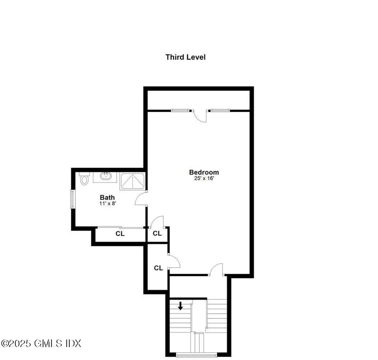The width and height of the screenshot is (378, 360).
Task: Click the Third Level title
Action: click(x=185, y=57)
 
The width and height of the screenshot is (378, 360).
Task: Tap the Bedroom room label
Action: click(x=204, y=172)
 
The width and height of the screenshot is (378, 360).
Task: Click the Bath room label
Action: click(x=107, y=197)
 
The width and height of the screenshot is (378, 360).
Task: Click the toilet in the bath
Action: click(x=85, y=179)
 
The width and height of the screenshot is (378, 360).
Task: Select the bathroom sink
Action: click(x=105, y=176)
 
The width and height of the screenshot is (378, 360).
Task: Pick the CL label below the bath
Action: click(x=120, y=234)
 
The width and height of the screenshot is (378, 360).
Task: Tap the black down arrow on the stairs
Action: click(x=181, y=306)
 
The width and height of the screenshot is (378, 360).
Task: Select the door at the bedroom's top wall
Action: click(x=201, y=115)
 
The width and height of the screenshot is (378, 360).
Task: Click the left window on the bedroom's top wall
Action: click(x=181, y=110)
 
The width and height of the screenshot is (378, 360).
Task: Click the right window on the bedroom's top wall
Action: click(x=220, y=110)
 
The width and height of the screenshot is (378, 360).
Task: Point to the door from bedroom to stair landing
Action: click(x=217, y=269)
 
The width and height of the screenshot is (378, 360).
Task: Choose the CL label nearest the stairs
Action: click(x=158, y=268)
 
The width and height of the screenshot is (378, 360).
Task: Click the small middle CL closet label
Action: click(x=157, y=234)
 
